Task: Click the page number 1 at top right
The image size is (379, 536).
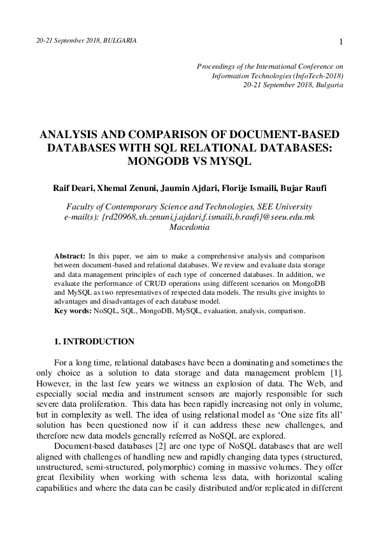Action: click(x=341, y=42)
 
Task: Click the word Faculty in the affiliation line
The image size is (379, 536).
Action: click(x=83, y=207)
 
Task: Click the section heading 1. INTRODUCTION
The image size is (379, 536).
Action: click(x=94, y=342)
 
